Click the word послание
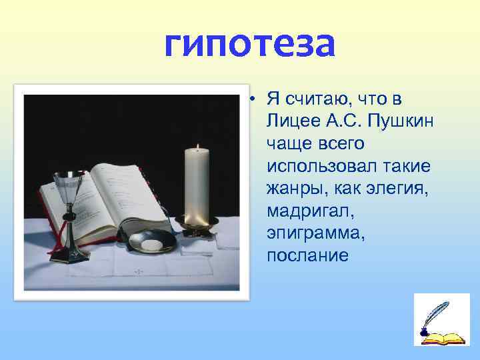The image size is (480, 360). (307, 255)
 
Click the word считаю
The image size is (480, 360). (313, 99)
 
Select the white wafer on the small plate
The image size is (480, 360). (151, 245)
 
